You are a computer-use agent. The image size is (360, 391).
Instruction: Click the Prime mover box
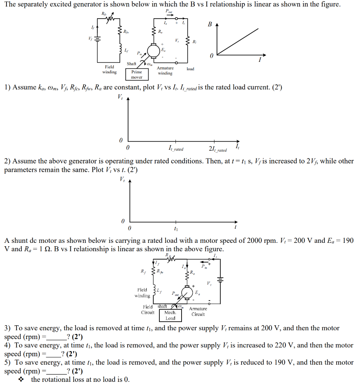pyautogui.click(x=136, y=74)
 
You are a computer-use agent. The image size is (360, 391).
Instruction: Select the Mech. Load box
pyautogui.click(x=170, y=315)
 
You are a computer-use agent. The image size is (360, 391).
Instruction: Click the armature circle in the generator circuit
pyautogui.click(x=153, y=50)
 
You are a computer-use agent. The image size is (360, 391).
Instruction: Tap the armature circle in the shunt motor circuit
pyautogui.click(x=187, y=293)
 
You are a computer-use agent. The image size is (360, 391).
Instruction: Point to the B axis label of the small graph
pyautogui.click(x=209, y=24)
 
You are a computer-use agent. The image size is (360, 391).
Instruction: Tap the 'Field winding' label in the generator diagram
pyautogui.click(x=109, y=69)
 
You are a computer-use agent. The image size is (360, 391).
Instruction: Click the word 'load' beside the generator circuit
pyautogui.click(x=190, y=69)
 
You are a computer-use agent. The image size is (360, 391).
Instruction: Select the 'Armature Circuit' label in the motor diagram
pyautogui.click(x=198, y=312)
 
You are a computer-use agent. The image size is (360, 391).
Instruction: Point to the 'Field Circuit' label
pyautogui.click(x=148, y=309)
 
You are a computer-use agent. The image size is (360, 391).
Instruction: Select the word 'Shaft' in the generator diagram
pyautogui.click(x=131, y=63)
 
